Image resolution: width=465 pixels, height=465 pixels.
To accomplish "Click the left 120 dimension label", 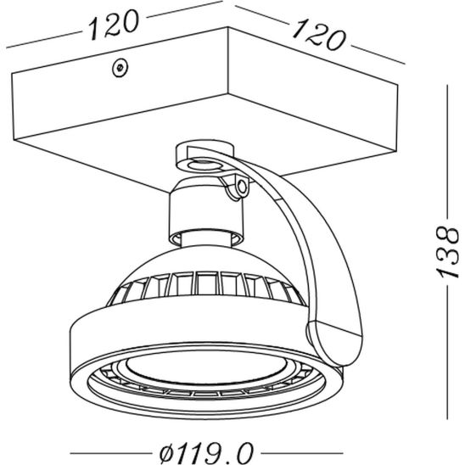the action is [114, 24].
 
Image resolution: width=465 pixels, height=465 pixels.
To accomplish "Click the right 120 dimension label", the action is [318, 35].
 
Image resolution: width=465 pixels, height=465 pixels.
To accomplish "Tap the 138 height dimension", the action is [448, 252].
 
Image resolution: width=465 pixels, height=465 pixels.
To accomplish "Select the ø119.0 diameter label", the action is [206, 452].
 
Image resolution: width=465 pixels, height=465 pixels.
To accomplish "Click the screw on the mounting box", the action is [120, 67].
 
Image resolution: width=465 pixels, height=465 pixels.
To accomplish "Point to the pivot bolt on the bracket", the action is [242, 187].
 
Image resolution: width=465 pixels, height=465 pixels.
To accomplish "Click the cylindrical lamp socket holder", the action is [206, 214].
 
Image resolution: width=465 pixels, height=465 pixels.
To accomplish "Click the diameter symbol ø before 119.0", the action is [168, 452].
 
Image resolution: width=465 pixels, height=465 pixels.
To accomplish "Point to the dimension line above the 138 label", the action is [447, 154].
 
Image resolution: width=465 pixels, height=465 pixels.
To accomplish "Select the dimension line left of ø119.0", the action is [111, 453].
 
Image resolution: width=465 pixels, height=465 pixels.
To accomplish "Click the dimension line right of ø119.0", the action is [302, 453].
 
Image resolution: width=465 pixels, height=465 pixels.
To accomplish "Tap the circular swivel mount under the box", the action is [204, 160].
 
